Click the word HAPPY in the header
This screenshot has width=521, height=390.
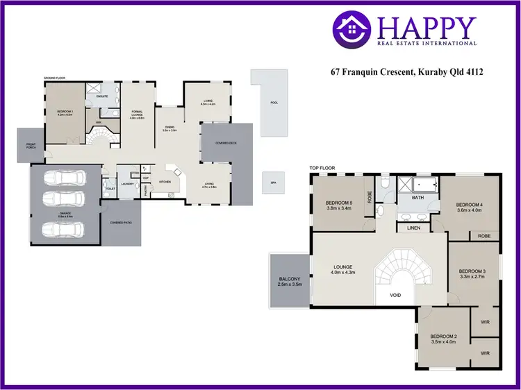click(x=427, y=28)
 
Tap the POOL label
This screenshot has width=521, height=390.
click(x=274, y=103)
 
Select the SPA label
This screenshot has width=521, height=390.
click(x=272, y=183)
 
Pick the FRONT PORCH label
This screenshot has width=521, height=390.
click(x=30, y=146)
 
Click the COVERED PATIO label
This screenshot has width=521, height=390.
click(x=120, y=223)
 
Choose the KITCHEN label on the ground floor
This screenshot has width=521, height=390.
click(x=165, y=182)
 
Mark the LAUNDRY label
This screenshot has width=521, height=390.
click(x=127, y=184)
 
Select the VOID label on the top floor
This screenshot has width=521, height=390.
click(x=396, y=294)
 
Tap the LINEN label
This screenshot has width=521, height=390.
click(x=414, y=228)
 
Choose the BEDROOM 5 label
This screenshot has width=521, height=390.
click(x=340, y=203)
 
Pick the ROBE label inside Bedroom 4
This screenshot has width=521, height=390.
click(x=483, y=236)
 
